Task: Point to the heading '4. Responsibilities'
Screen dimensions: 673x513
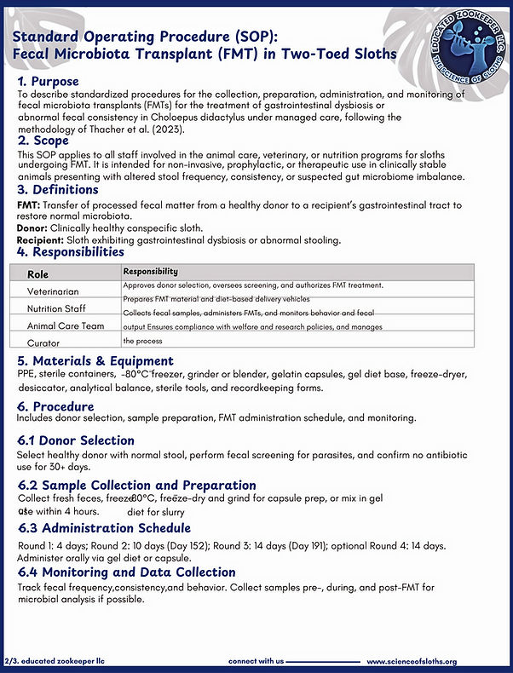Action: point(71,252)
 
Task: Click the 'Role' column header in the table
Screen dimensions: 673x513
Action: point(38,274)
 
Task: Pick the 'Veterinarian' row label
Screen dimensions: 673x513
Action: point(59,291)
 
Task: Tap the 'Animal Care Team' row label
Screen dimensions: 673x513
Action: point(67,325)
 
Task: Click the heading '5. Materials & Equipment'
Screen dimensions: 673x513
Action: point(95,361)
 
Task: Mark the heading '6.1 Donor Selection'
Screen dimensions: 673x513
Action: point(76,440)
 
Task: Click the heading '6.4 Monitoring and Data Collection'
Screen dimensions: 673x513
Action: point(126,572)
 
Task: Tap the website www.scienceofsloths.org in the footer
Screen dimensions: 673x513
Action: point(412,661)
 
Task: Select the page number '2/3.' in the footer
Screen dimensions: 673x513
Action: point(12,661)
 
